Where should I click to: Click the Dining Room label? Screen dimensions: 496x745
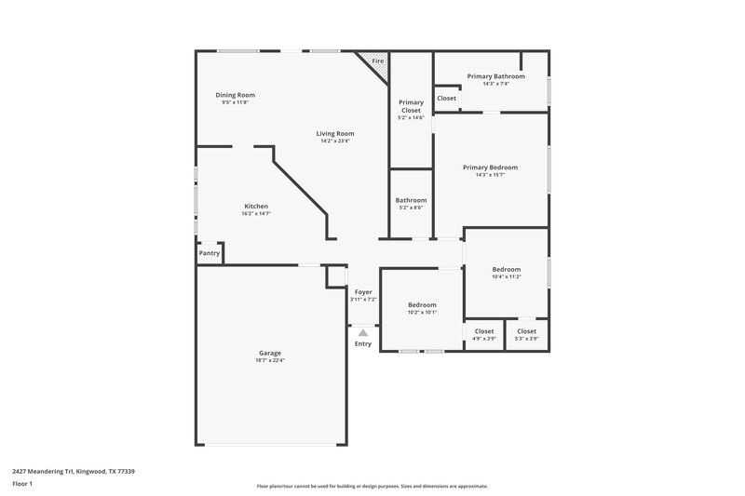click(235, 95)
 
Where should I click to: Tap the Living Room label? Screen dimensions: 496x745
click(337, 133)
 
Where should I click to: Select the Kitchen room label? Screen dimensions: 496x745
click(256, 206)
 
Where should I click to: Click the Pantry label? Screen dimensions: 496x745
click(210, 253)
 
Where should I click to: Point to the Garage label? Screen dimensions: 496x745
click(270, 353)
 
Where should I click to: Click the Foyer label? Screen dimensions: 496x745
click(363, 291)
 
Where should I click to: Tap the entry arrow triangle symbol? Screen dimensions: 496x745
click(363, 331)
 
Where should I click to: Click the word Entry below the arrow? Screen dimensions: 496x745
click(363, 344)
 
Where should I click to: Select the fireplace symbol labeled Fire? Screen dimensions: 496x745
click(377, 61)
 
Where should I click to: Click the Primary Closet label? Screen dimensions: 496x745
click(411, 106)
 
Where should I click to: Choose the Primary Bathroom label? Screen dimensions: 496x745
click(495, 76)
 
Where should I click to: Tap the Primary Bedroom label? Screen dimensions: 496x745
click(491, 168)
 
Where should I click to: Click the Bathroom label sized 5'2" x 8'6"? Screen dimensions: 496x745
click(411, 200)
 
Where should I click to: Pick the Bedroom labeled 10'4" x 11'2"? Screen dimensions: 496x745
click(506, 270)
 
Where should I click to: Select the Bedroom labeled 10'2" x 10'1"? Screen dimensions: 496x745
click(422, 305)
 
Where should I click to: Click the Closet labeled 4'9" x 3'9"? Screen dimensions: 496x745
click(484, 331)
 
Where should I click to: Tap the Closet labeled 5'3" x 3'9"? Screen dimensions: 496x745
click(526, 331)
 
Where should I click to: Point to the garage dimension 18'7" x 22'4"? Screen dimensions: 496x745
click(270, 360)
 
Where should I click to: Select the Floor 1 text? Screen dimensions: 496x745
click(23, 485)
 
